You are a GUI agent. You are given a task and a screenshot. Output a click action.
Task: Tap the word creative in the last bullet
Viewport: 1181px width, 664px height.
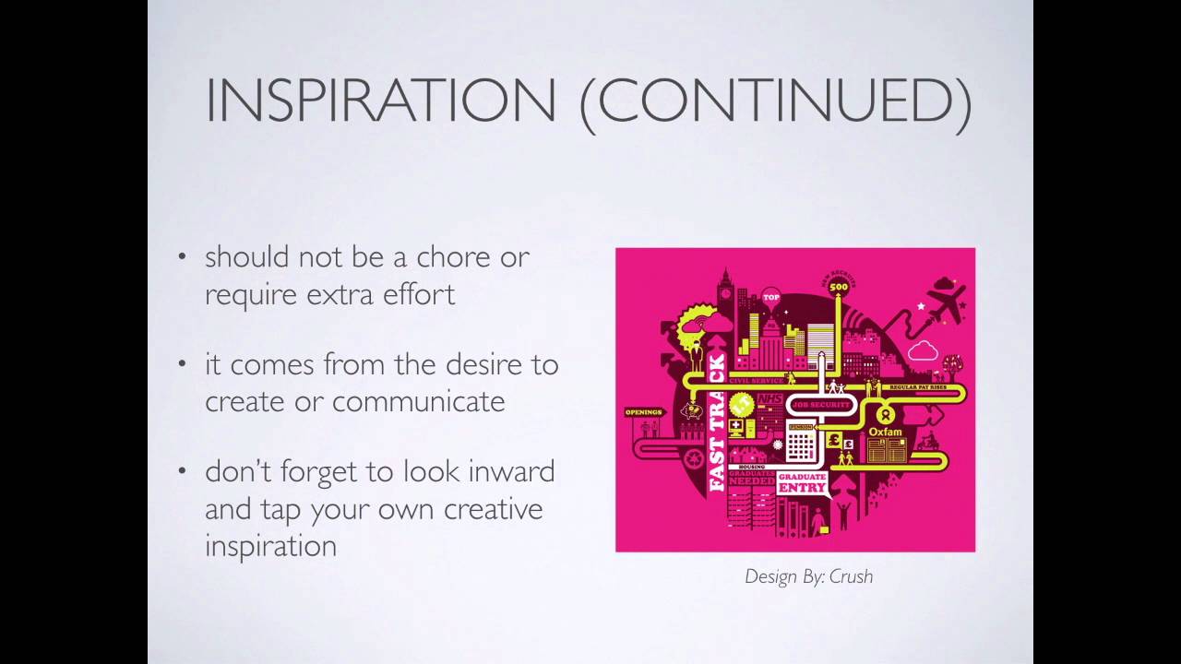pos(493,509)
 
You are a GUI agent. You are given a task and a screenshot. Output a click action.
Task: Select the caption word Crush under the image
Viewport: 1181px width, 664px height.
pos(850,576)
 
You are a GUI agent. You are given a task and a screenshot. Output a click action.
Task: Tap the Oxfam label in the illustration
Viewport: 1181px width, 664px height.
pos(885,431)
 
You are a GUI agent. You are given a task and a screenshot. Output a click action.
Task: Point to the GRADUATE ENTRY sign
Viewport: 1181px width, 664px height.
pos(802,482)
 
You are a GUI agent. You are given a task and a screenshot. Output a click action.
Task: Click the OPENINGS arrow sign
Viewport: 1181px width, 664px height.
pos(644,412)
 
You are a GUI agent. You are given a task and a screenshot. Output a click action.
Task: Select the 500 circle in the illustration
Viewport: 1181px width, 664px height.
pos(838,288)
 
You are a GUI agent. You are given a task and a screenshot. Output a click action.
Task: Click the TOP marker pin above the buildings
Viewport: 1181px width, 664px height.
pos(771,297)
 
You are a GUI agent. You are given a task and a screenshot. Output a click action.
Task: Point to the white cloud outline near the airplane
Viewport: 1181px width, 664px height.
pos(922,350)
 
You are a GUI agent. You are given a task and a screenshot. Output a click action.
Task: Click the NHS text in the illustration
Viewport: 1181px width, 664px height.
pos(769,398)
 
